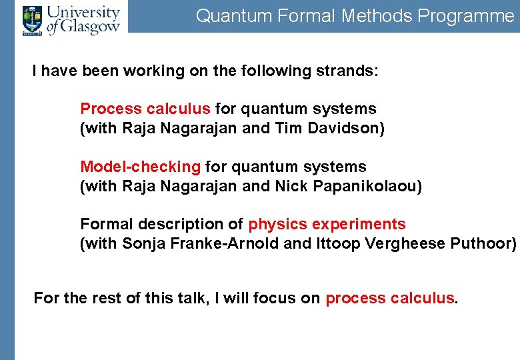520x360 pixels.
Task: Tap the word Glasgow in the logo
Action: tap(93, 27)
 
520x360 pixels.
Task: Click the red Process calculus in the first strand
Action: tap(145, 109)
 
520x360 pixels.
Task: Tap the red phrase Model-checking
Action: tap(140, 167)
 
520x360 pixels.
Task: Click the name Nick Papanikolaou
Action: tap(348, 186)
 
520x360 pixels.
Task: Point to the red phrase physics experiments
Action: tap(327, 224)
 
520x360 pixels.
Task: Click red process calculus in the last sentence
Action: tap(390, 298)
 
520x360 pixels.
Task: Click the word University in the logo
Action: tap(83, 12)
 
